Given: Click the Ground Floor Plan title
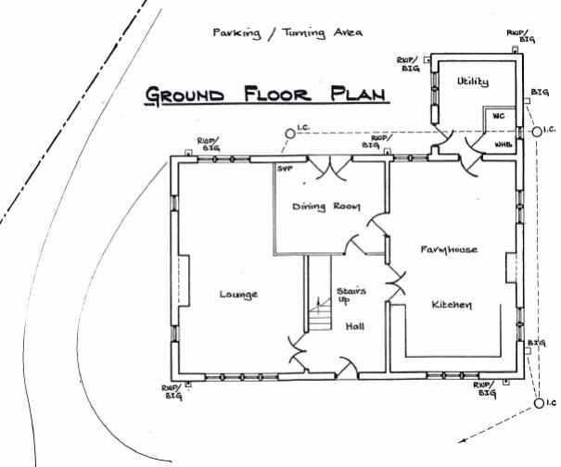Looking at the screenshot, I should click(x=267, y=95).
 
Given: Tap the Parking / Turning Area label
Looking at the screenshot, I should click(x=287, y=32).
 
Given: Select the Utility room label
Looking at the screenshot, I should click(x=472, y=82).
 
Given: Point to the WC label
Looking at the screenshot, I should click(x=498, y=117).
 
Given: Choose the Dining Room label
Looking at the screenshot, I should click(x=325, y=206).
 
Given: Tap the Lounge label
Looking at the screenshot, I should click(x=238, y=295).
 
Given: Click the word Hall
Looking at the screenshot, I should click(x=355, y=326).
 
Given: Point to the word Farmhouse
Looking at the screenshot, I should click(x=449, y=250).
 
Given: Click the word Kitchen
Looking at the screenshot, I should click(x=453, y=305).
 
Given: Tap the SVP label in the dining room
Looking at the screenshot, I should click(x=285, y=169).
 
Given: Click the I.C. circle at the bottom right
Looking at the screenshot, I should click(x=538, y=404).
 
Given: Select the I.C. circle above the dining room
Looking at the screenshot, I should click(x=289, y=133).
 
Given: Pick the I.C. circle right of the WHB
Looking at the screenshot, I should click(x=536, y=133).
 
